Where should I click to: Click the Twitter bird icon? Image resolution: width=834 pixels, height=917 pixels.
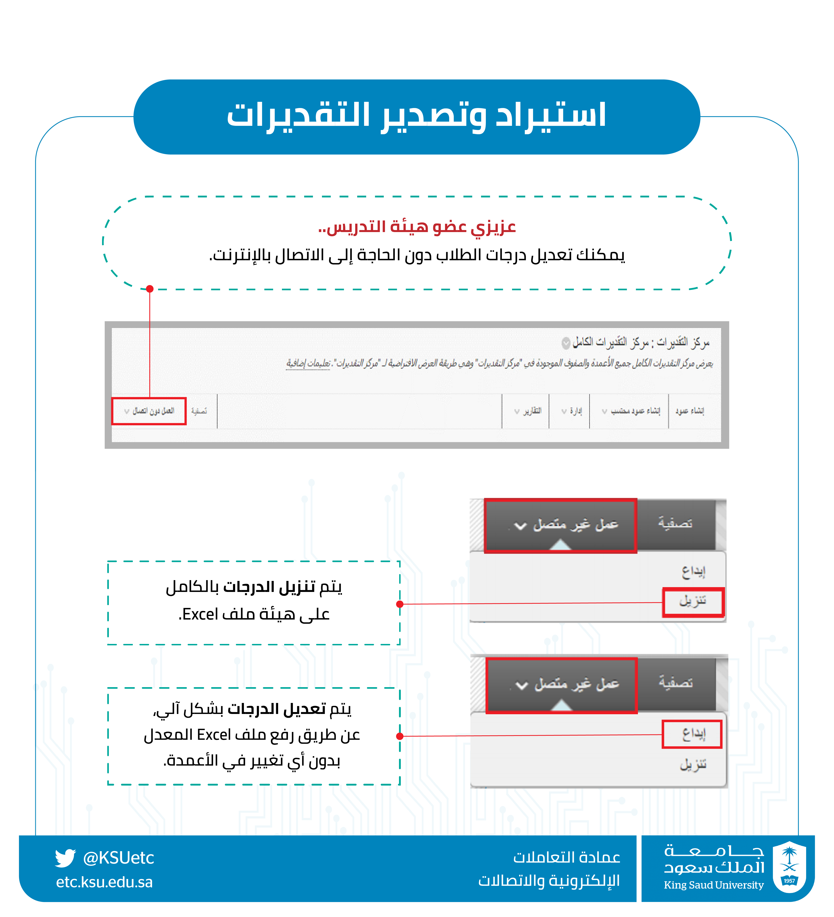click(x=65, y=858)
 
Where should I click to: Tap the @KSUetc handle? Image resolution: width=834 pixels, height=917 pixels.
click(x=118, y=858)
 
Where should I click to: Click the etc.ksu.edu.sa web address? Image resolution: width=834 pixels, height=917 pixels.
click(x=104, y=882)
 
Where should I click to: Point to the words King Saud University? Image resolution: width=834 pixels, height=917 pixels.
click(x=713, y=885)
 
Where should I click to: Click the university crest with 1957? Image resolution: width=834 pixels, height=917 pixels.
click(x=789, y=867)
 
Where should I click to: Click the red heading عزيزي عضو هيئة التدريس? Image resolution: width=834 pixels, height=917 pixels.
click(x=417, y=226)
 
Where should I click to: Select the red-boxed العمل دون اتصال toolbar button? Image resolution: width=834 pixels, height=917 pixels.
click(x=149, y=411)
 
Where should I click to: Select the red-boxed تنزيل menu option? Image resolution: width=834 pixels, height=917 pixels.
click(x=693, y=602)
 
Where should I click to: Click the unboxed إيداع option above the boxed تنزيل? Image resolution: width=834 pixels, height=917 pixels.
click(x=693, y=571)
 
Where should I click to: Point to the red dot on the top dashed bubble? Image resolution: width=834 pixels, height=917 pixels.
click(x=150, y=289)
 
